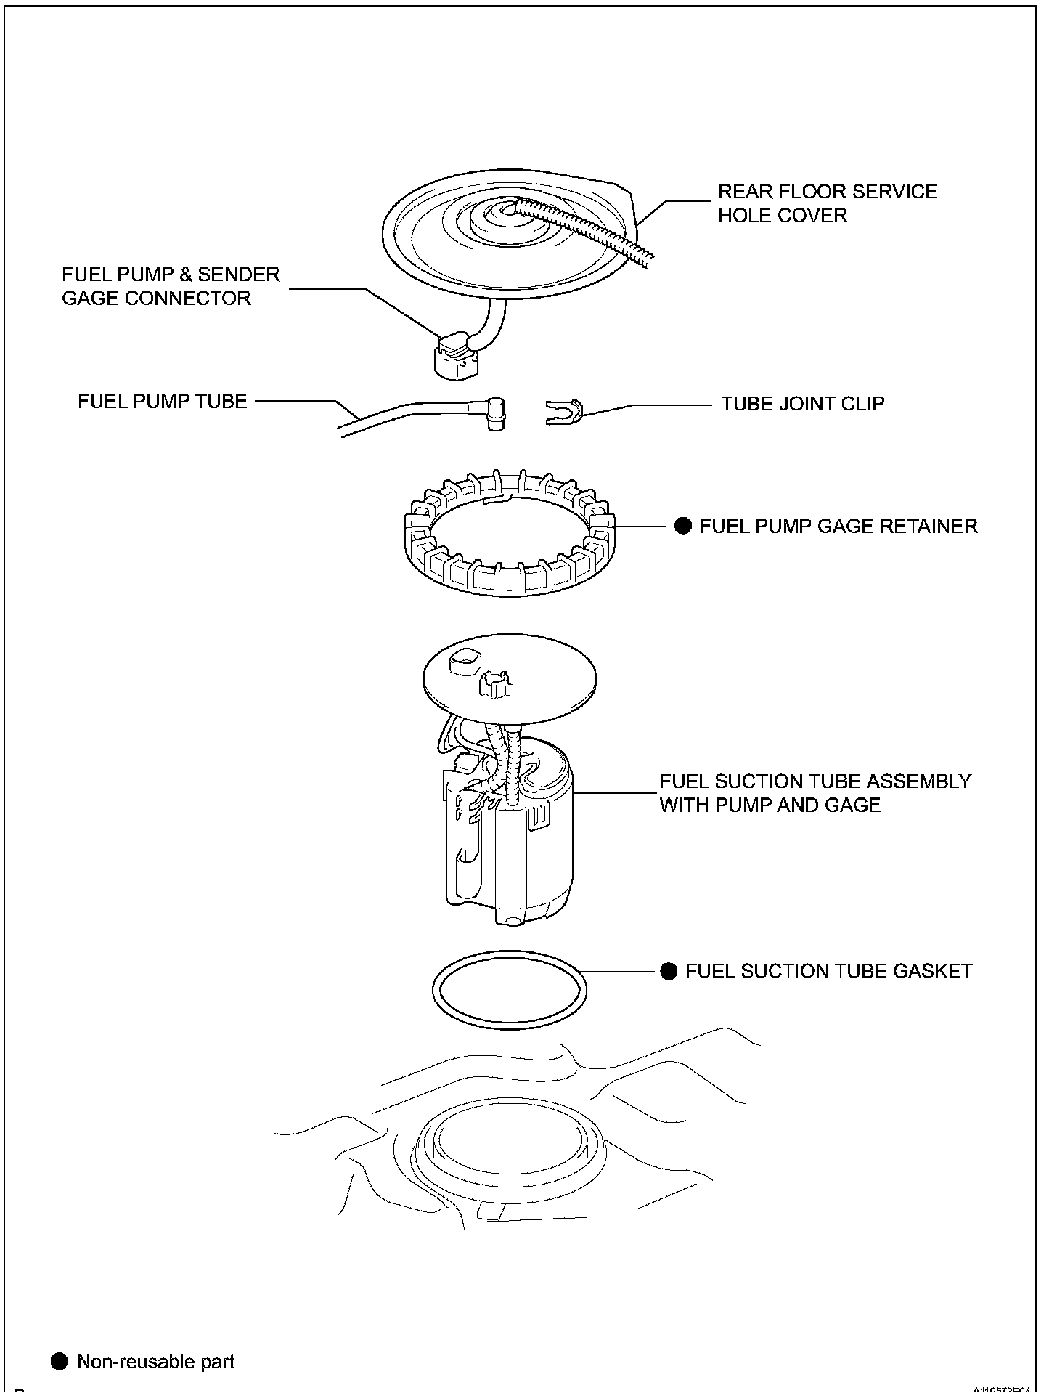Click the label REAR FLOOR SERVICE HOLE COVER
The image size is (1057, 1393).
click(827, 203)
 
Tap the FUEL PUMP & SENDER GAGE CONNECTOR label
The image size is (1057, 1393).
click(170, 286)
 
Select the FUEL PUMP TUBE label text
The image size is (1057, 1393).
click(163, 402)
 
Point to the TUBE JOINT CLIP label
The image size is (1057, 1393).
click(802, 404)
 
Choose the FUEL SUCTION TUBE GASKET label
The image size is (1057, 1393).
click(828, 972)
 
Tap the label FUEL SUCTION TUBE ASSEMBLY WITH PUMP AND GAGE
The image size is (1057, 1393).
click(815, 793)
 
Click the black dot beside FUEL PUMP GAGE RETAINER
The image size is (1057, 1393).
click(683, 526)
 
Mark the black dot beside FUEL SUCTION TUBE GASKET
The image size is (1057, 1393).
click(669, 972)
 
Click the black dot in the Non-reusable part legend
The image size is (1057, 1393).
click(60, 1362)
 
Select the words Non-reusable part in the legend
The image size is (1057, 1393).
click(155, 1362)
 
